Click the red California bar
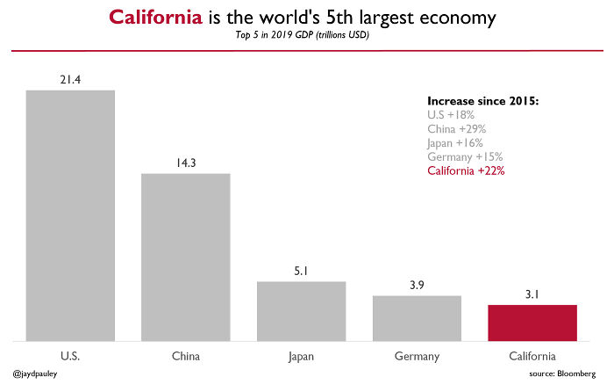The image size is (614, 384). click(x=532, y=322)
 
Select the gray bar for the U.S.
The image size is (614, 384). click(x=70, y=214)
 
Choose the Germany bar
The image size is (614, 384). click(x=417, y=317)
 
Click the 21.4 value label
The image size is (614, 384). click(x=70, y=80)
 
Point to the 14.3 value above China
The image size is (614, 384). click(x=186, y=163)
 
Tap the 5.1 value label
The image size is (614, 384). click(x=301, y=272)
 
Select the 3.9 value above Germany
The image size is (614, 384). click(x=417, y=286)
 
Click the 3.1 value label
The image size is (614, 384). click(x=532, y=295)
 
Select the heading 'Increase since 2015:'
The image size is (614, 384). click(x=482, y=101)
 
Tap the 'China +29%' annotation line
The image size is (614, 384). click(x=456, y=128)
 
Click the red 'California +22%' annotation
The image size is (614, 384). click(x=466, y=170)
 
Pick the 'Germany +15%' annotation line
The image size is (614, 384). click(x=465, y=156)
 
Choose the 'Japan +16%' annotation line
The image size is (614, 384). click(x=454, y=142)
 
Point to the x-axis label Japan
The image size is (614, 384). click(x=301, y=356)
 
